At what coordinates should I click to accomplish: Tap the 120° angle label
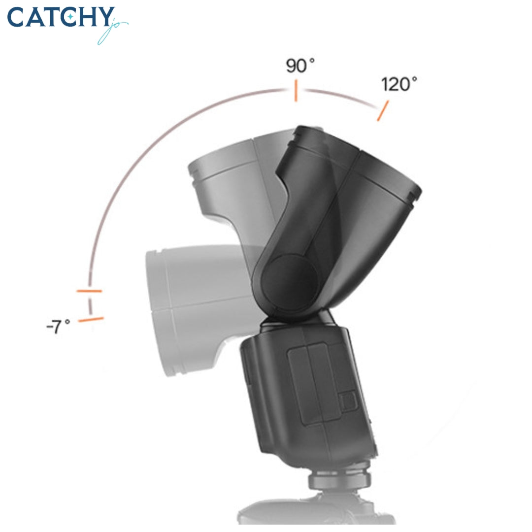pyautogui.click(x=399, y=85)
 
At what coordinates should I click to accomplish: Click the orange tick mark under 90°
pyautogui.click(x=296, y=92)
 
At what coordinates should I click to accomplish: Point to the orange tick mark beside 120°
pyautogui.click(x=383, y=111)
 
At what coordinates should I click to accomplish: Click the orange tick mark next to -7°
pyautogui.click(x=91, y=320)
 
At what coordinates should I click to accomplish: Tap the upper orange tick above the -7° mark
pyautogui.click(x=89, y=291)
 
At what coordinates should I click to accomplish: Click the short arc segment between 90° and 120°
pyautogui.click(x=340, y=97)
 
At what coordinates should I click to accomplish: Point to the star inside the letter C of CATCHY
pyautogui.click(x=71, y=18)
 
